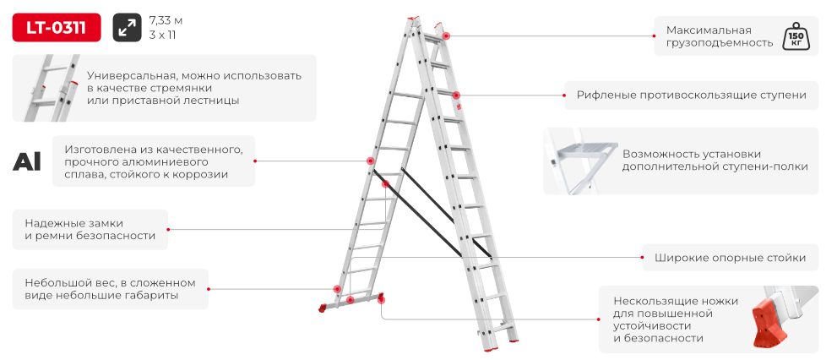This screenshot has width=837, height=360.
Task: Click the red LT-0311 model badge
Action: pos(57,27)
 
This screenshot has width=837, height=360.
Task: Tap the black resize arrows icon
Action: pos(127,27)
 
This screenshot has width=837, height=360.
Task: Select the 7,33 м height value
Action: pos(166,21)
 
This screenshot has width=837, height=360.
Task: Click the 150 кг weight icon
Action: pos(796,36)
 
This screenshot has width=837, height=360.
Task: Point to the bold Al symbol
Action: pos(27,161)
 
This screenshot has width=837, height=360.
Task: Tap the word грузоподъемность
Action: pos(719,43)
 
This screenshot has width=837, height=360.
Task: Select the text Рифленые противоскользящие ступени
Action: pos(691,95)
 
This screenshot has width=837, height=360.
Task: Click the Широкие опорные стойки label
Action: pos(730,258)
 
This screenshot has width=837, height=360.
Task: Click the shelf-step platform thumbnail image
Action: pos(581,161)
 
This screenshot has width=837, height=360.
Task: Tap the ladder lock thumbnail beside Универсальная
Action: pos(49,88)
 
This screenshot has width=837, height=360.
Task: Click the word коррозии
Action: pos(203,174)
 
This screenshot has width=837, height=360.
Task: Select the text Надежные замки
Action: pos(74,223)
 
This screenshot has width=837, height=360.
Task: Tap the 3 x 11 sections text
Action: pos(163,35)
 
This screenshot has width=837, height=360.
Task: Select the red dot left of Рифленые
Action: pos(565,95)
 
